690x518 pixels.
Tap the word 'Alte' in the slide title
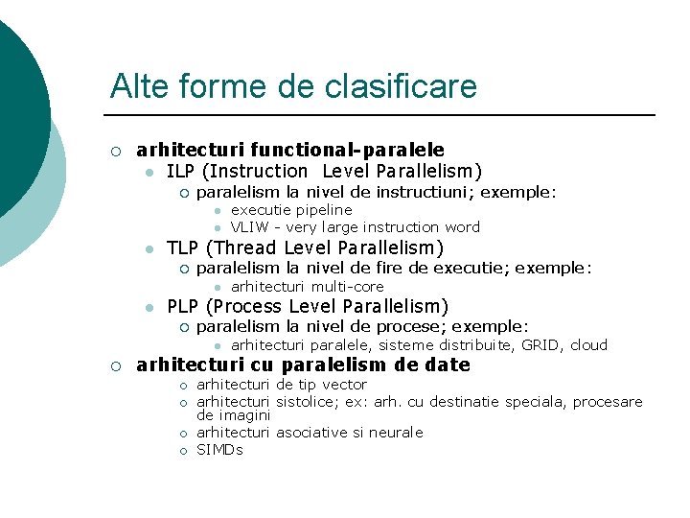[135, 87]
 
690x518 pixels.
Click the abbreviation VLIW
[249, 227]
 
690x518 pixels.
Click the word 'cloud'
[588, 345]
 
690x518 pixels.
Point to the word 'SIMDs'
[219, 449]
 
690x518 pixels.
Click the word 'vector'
[345, 385]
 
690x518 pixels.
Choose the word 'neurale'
[396, 433]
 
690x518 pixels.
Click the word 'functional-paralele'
[347, 150]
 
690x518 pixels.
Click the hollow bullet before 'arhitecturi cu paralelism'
[115, 365]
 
